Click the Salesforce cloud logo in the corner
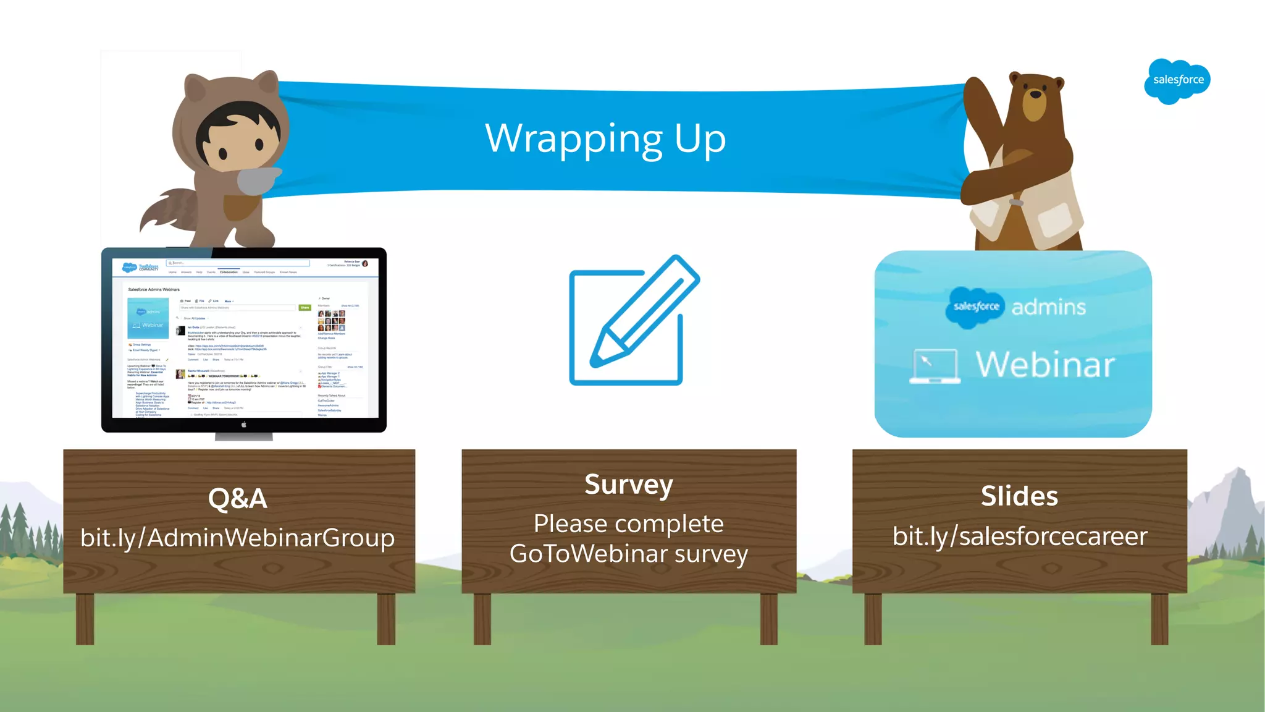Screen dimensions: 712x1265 [1177, 80]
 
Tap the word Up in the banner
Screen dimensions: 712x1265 [700, 139]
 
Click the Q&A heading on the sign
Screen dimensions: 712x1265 [238, 498]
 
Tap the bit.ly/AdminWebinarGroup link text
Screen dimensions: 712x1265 [238, 537]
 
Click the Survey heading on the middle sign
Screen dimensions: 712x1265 [629, 485]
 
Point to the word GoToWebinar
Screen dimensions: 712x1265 [587, 554]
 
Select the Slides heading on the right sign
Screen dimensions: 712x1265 [1019, 496]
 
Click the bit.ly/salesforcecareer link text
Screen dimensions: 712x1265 [1019, 536]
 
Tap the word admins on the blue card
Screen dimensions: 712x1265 [1048, 307]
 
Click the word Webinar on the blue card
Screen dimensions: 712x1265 [1045, 365]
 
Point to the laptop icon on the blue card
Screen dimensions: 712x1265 [935, 366]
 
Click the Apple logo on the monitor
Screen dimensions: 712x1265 [244, 425]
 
